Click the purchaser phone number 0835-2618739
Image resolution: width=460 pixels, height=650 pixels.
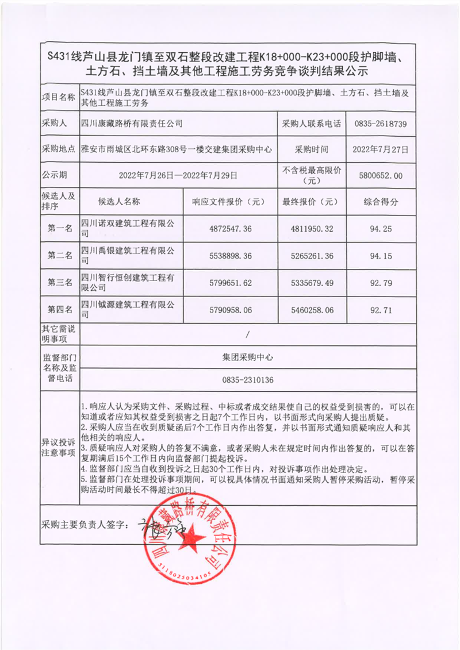tap(381, 124)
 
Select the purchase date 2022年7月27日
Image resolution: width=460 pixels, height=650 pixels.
tap(381, 149)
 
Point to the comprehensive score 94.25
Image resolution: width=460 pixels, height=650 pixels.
tap(381, 229)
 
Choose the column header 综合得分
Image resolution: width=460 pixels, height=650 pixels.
tap(381, 202)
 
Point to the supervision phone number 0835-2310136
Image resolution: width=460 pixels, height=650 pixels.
tap(248, 380)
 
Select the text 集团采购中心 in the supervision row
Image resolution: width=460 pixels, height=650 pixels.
tap(248, 356)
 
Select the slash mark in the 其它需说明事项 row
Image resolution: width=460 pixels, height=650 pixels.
tap(248, 333)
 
